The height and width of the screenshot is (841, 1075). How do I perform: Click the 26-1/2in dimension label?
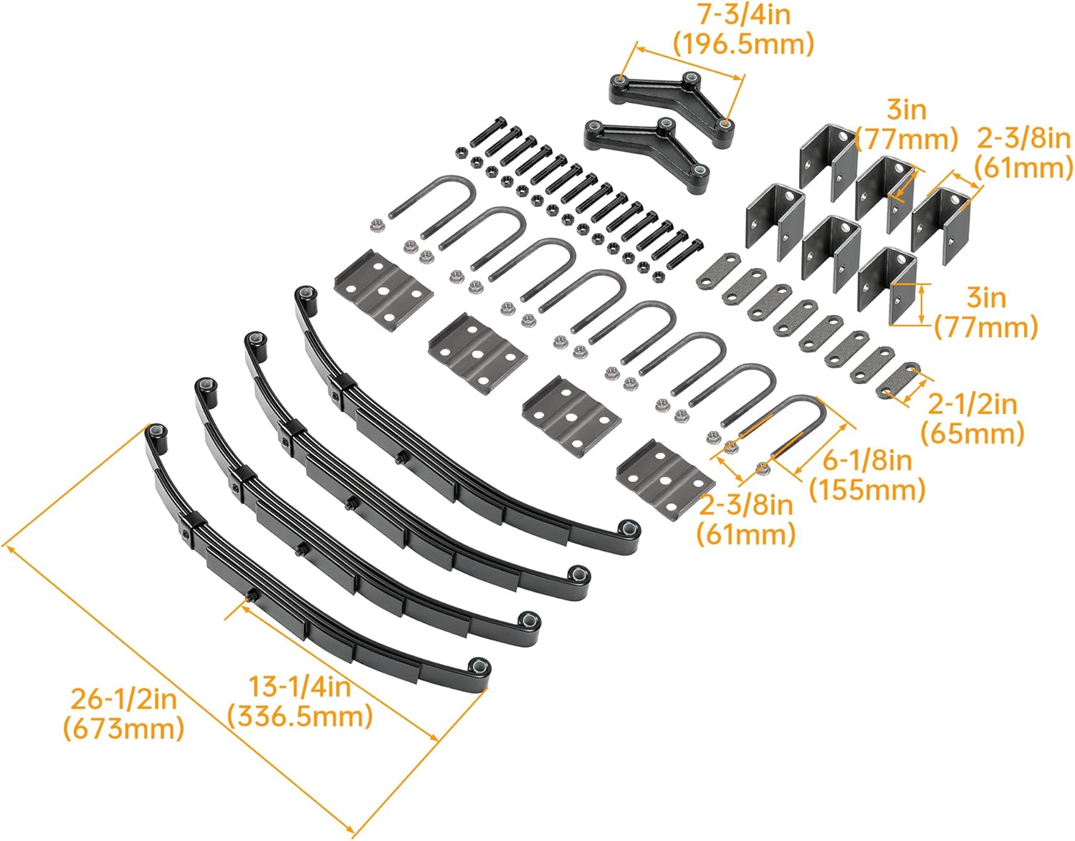pos(123,698)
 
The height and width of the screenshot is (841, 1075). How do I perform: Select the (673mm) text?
pos(123,729)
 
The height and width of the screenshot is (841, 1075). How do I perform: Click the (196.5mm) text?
pos(744,44)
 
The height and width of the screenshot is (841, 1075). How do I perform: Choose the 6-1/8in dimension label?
pos(866,460)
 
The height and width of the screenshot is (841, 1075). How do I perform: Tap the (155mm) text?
pos(866,490)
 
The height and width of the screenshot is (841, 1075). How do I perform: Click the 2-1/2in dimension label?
pos(972,404)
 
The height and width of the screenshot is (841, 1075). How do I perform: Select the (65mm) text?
pos(972,433)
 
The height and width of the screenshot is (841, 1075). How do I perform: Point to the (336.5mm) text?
pos(300,716)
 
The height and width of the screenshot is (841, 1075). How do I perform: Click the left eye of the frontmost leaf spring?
pos(156,433)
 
